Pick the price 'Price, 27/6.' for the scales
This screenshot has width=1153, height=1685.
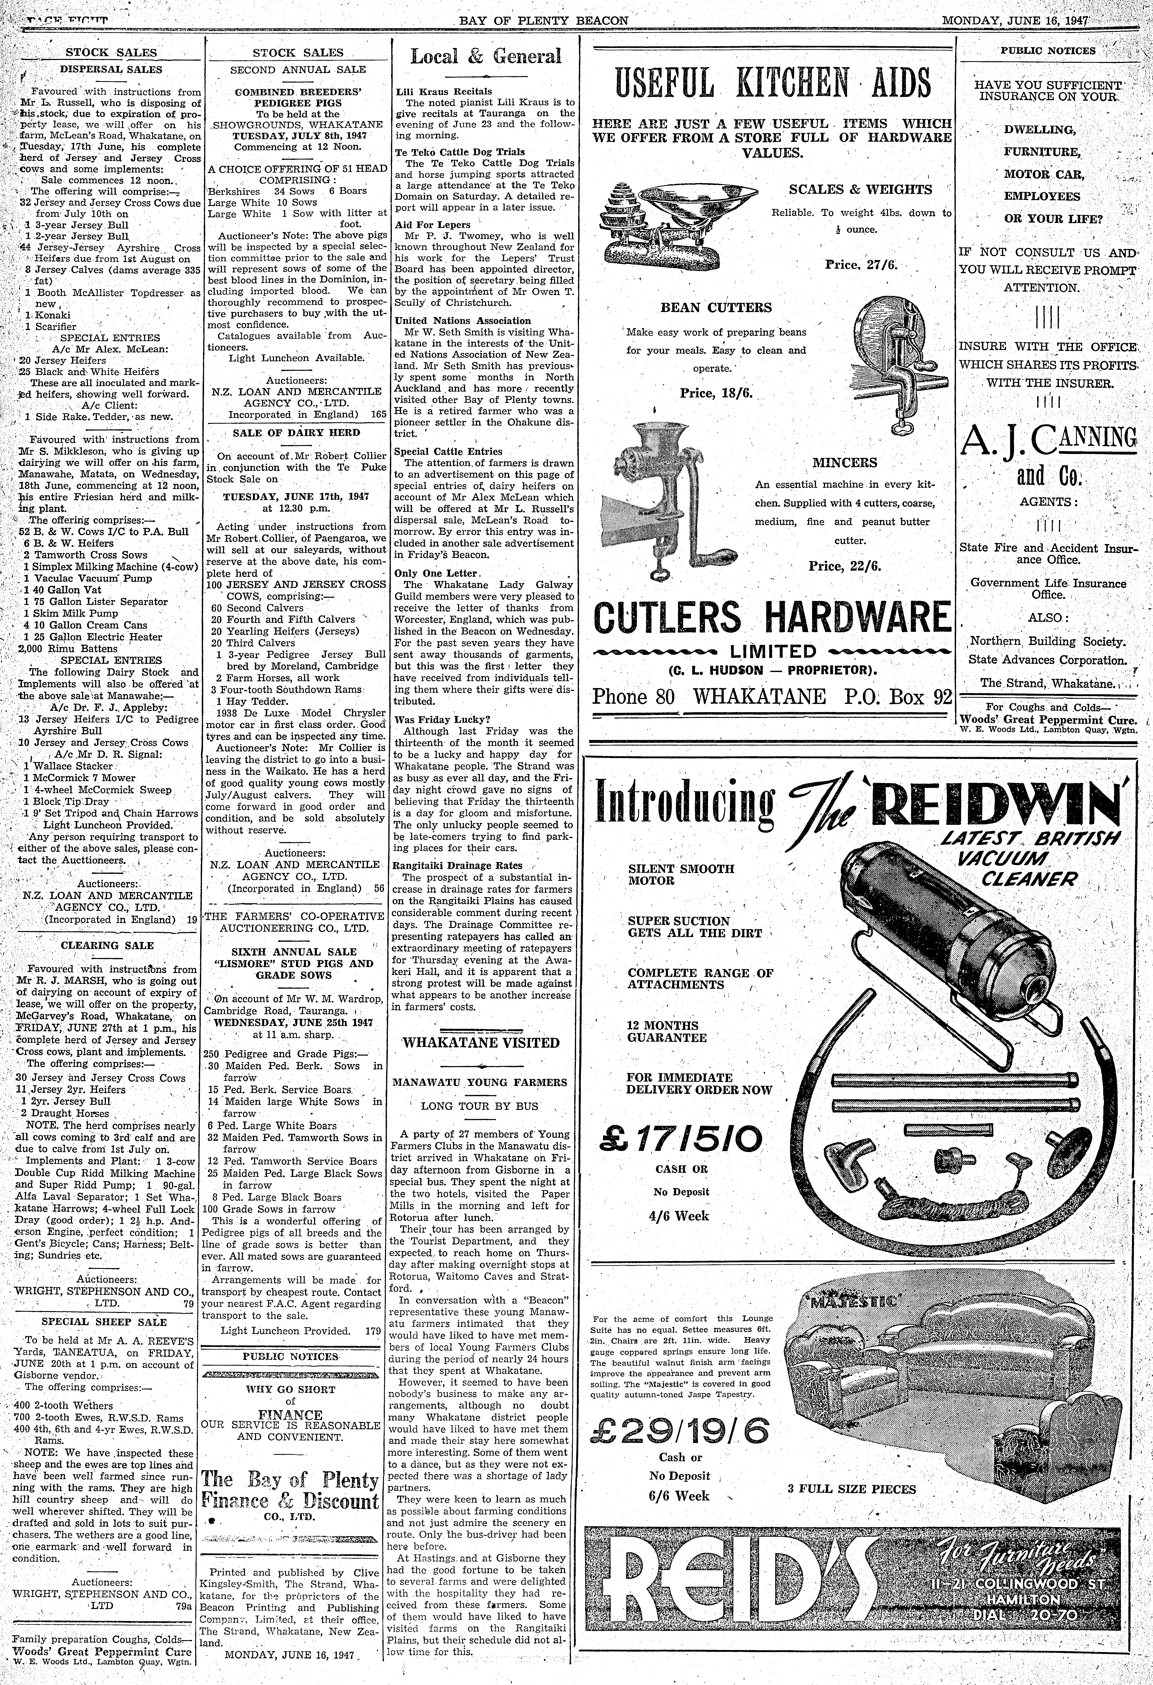pyautogui.click(x=861, y=265)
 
